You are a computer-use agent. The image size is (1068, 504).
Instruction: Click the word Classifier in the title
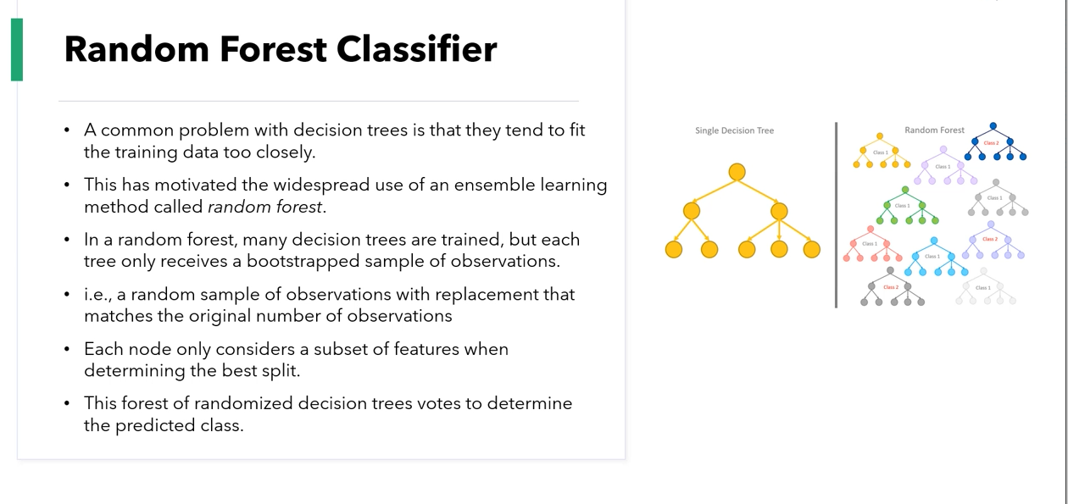(x=417, y=49)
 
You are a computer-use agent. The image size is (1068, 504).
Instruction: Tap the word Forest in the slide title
(x=273, y=49)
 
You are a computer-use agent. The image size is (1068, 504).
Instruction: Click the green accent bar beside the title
(x=17, y=49)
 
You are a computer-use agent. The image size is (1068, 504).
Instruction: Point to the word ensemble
(x=494, y=185)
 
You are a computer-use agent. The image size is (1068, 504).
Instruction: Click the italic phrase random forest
(x=265, y=207)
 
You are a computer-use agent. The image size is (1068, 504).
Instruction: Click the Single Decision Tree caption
(x=734, y=130)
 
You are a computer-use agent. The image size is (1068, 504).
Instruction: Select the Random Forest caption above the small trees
(x=934, y=130)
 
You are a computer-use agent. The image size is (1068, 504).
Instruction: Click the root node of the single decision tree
(x=737, y=172)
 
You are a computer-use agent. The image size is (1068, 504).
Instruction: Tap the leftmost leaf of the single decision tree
(x=674, y=249)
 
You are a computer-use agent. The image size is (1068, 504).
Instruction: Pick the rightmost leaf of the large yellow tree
(x=811, y=249)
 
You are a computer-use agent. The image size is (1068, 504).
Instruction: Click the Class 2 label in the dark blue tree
(x=991, y=143)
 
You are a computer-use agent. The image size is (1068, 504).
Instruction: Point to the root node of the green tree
(x=905, y=190)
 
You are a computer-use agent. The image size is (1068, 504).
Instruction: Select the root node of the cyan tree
(x=934, y=241)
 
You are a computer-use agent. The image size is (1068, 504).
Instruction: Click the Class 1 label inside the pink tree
(x=870, y=243)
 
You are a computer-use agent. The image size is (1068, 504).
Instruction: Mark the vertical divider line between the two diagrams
(x=836, y=215)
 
